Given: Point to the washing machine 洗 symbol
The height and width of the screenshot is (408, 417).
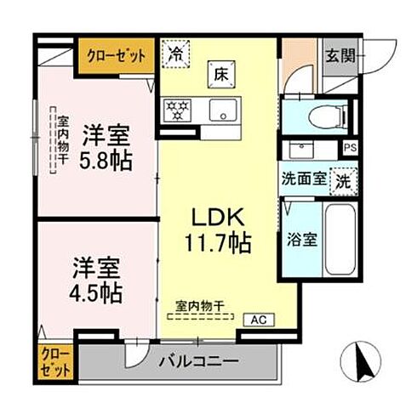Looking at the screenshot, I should tap(342, 180).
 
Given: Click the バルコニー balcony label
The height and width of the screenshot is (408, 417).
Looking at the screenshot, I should tap(198, 361).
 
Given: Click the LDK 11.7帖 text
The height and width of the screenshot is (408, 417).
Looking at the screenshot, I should tap(220, 229).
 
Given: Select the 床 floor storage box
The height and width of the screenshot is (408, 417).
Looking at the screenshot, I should tap(219, 74).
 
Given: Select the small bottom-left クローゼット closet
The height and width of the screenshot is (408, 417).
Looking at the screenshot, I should tap(54, 360).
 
